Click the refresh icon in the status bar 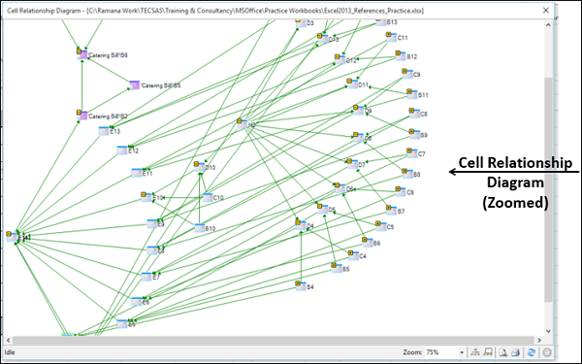coord(532,352)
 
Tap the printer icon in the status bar coord(517,352)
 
